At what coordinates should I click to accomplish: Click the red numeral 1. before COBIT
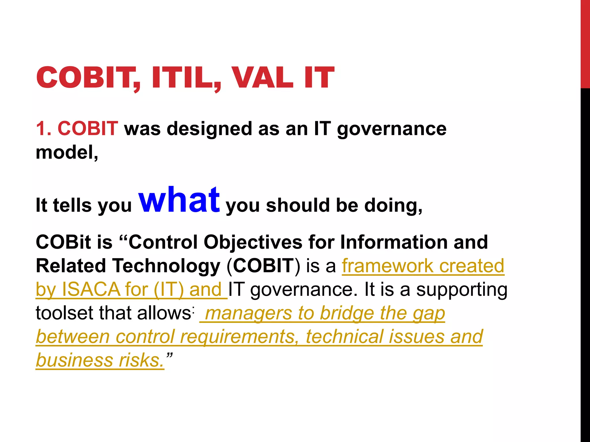pos(44,128)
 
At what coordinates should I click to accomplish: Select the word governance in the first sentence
pos(392,129)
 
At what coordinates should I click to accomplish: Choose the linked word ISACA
pos(91,289)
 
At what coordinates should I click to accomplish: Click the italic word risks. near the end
pos(141,360)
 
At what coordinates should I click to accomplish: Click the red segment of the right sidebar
pos(585,43)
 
